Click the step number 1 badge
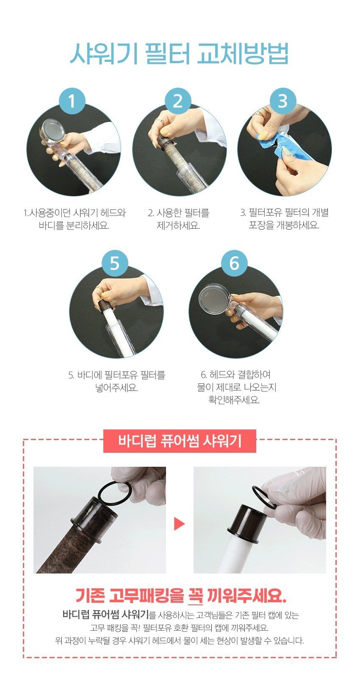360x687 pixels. click(72, 101)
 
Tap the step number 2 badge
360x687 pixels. click(178, 101)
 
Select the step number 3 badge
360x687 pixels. click(283, 101)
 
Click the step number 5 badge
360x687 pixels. click(115, 263)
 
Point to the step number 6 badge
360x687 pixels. click(234, 263)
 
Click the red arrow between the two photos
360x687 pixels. click(180, 524)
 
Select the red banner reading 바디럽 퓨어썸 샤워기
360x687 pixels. click(180, 441)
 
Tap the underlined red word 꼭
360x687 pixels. click(195, 596)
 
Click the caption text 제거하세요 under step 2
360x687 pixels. click(178, 226)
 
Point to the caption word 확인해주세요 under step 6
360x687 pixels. click(234, 400)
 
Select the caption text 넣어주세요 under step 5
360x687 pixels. click(116, 388)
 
